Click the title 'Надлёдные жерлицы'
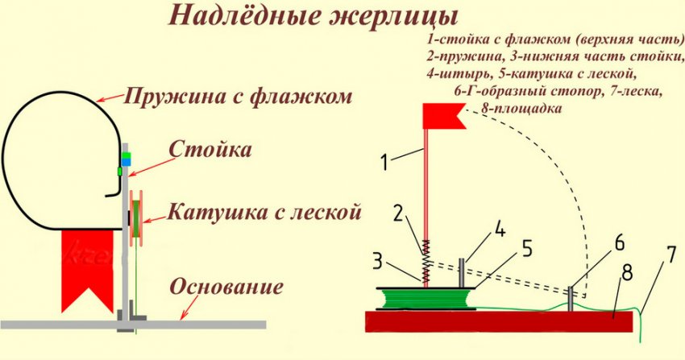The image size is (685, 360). (x=313, y=17)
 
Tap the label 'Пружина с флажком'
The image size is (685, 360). (x=238, y=96)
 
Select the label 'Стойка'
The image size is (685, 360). (x=210, y=149)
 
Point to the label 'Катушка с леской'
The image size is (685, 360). (x=264, y=212)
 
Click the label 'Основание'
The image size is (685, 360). (x=226, y=287)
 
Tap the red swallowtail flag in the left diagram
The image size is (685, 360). (x=88, y=267)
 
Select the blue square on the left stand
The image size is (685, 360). (x=126, y=163)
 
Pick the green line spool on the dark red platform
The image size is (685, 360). (x=425, y=299)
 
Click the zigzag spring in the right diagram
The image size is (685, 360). (x=426, y=261)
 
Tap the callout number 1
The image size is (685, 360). (x=384, y=162)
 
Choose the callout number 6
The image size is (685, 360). (x=620, y=243)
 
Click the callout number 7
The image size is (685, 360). (x=672, y=255)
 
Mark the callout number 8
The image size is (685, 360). (x=627, y=273)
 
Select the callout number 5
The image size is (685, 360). (x=527, y=249)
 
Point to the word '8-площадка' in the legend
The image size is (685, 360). (x=521, y=108)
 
